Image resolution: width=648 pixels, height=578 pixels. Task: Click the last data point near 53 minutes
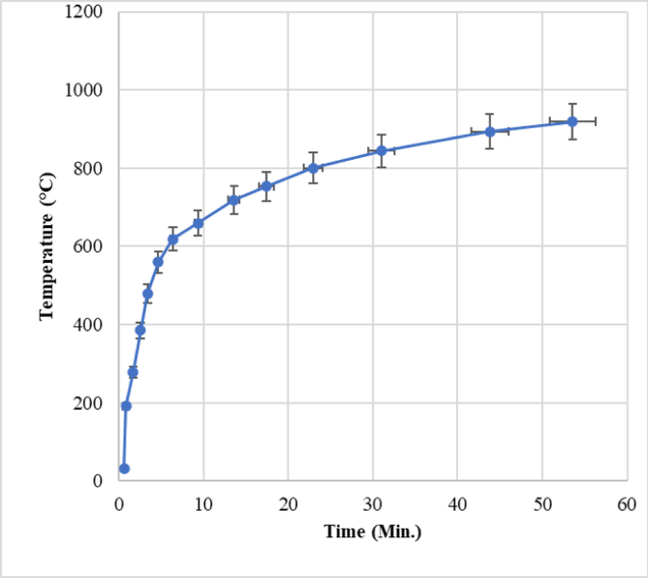[x=572, y=121]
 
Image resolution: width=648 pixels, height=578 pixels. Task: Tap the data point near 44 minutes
[x=490, y=131]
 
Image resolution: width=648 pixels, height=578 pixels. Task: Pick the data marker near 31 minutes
[x=381, y=150]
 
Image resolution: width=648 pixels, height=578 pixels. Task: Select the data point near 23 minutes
[x=313, y=168]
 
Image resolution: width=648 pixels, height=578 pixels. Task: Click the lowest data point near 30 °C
[x=124, y=468]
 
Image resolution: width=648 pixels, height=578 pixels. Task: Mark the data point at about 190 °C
[x=126, y=406]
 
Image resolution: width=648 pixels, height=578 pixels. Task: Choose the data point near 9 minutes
[x=198, y=223]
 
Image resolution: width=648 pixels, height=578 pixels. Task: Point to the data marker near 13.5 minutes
[x=234, y=200]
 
